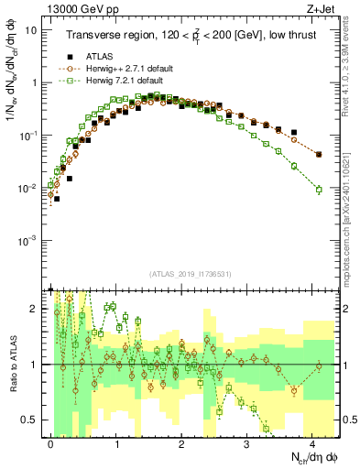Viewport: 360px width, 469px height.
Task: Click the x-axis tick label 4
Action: point(311,442)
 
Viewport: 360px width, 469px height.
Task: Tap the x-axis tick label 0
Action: point(51,442)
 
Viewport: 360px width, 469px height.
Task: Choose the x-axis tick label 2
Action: point(181,442)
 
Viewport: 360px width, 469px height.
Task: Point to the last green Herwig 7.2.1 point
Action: point(319,190)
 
